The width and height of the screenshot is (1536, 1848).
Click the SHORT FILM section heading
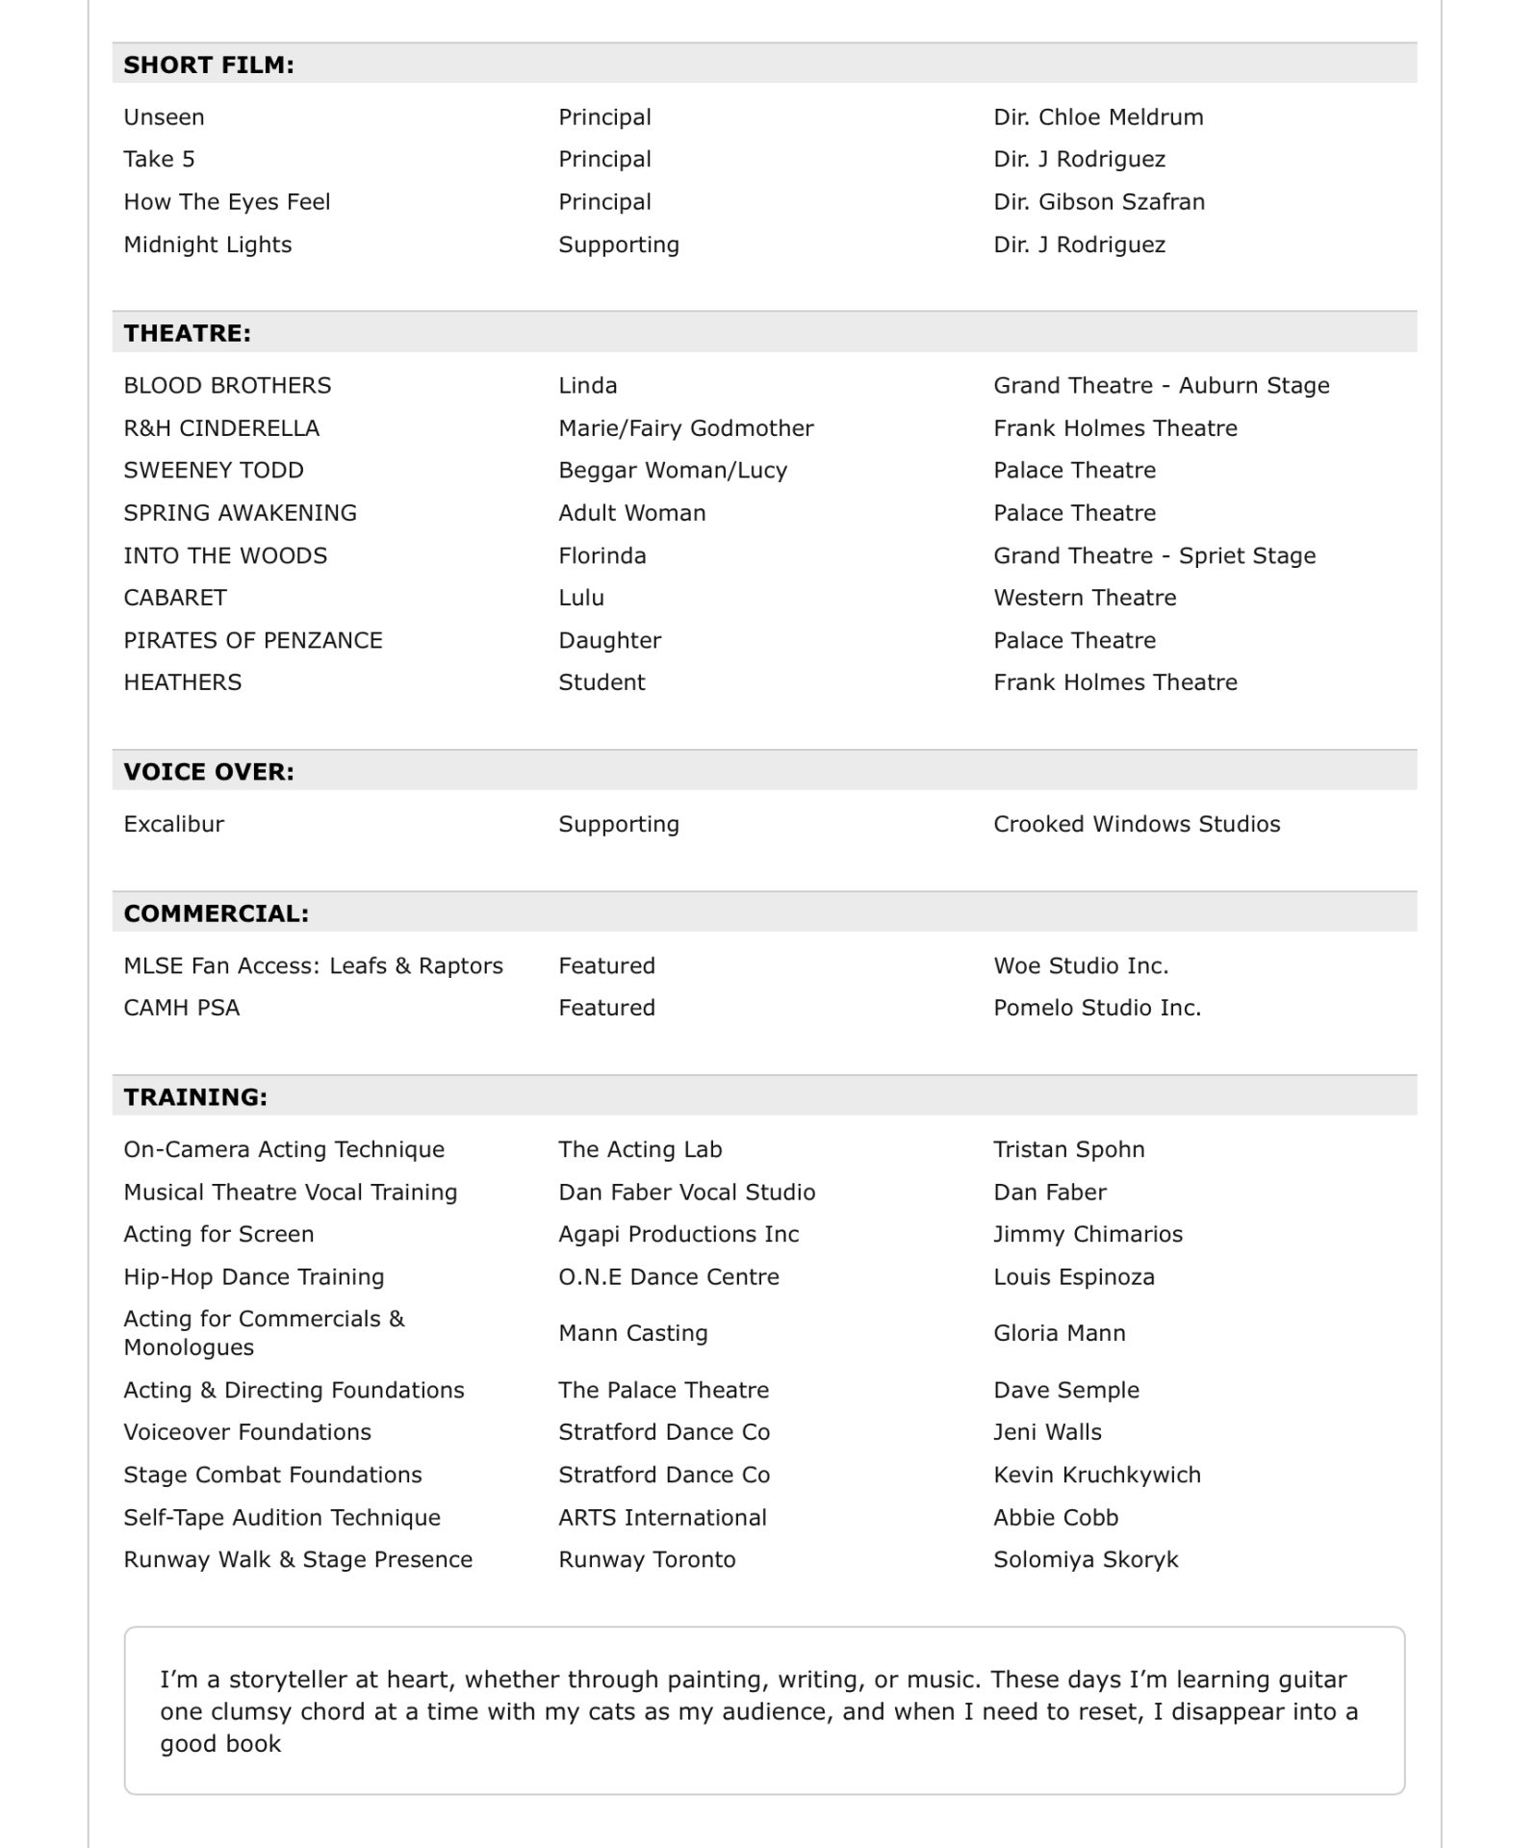click(209, 64)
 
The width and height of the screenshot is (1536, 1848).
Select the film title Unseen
click(164, 117)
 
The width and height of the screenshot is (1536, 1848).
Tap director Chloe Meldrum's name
click(1098, 117)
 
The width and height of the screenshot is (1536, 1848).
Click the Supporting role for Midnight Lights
click(619, 244)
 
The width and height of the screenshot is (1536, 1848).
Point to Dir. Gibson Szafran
click(1099, 202)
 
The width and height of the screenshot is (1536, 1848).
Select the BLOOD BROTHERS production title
click(227, 386)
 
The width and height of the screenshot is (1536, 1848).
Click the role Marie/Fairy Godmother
click(685, 428)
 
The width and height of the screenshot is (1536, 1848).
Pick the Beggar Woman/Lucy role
click(673, 471)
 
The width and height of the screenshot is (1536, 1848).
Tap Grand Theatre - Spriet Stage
click(1154, 555)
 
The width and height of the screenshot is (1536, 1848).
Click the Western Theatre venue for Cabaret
click(1085, 598)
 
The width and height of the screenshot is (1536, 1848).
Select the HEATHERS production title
click(183, 682)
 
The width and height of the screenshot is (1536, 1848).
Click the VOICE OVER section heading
click(209, 772)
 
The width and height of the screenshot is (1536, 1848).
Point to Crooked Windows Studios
click(1137, 824)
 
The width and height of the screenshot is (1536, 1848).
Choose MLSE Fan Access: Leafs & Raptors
click(313, 965)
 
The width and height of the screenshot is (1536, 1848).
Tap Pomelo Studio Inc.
click(1097, 1008)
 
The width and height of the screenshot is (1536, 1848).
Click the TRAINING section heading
click(195, 1097)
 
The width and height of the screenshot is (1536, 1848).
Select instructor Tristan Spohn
click(1069, 1149)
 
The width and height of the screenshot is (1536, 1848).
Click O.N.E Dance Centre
click(669, 1277)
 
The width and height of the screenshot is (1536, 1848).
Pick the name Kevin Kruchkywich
click(1097, 1475)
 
